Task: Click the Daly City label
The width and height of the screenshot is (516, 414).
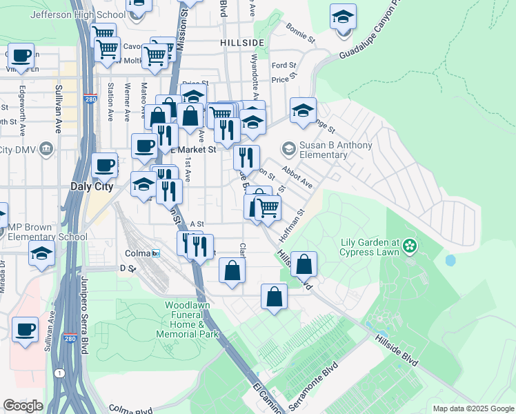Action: pos(91,186)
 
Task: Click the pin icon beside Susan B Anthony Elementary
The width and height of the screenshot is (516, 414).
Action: pos(288,148)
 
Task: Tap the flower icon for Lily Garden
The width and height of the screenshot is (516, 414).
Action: pos(410,246)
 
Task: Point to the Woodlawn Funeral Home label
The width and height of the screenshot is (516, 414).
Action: pos(191,319)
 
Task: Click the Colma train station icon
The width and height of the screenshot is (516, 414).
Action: pos(156,253)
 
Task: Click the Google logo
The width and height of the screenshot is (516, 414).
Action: pos(23,406)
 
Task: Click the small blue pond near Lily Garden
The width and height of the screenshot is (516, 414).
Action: pos(450,261)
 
